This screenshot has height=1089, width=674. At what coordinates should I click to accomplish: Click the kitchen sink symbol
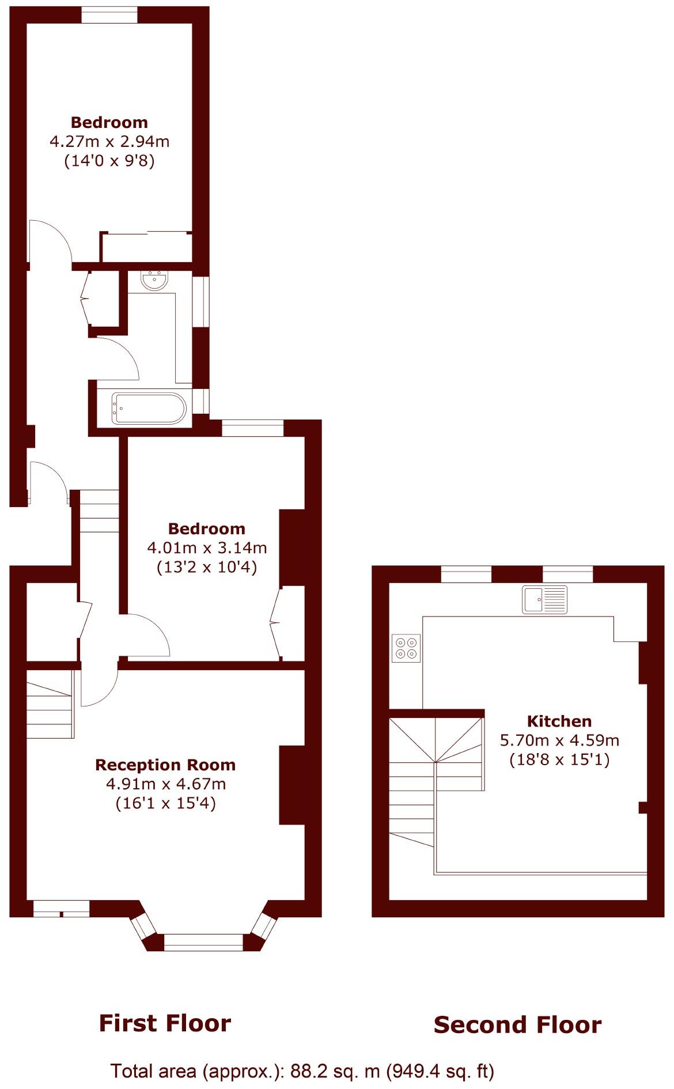click(545, 599)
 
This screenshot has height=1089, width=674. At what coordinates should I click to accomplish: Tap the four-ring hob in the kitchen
click(406, 648)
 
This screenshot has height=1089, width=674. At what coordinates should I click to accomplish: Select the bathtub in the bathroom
click(149, 409)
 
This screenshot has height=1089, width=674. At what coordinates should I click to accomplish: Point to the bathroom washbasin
click(154, 281)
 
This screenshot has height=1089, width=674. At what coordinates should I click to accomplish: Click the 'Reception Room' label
click(165, 765)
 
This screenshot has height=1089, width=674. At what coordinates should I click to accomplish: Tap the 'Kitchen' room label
click(559, 721)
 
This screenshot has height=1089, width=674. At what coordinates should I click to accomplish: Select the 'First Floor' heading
click(165, 1023)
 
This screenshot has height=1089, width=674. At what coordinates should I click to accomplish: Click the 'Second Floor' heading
click(517, 1025)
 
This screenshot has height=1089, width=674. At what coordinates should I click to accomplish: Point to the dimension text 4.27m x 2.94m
click(109, 141)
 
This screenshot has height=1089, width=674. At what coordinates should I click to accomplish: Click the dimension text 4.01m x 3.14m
click(207, 547)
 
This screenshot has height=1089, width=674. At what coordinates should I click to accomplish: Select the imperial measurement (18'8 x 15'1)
click(559, 760)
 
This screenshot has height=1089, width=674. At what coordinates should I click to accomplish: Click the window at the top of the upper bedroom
click(109, 15)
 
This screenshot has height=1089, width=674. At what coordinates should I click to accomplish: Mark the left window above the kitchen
click(466, 574)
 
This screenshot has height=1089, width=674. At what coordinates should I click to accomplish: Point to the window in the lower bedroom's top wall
click(253, 428)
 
